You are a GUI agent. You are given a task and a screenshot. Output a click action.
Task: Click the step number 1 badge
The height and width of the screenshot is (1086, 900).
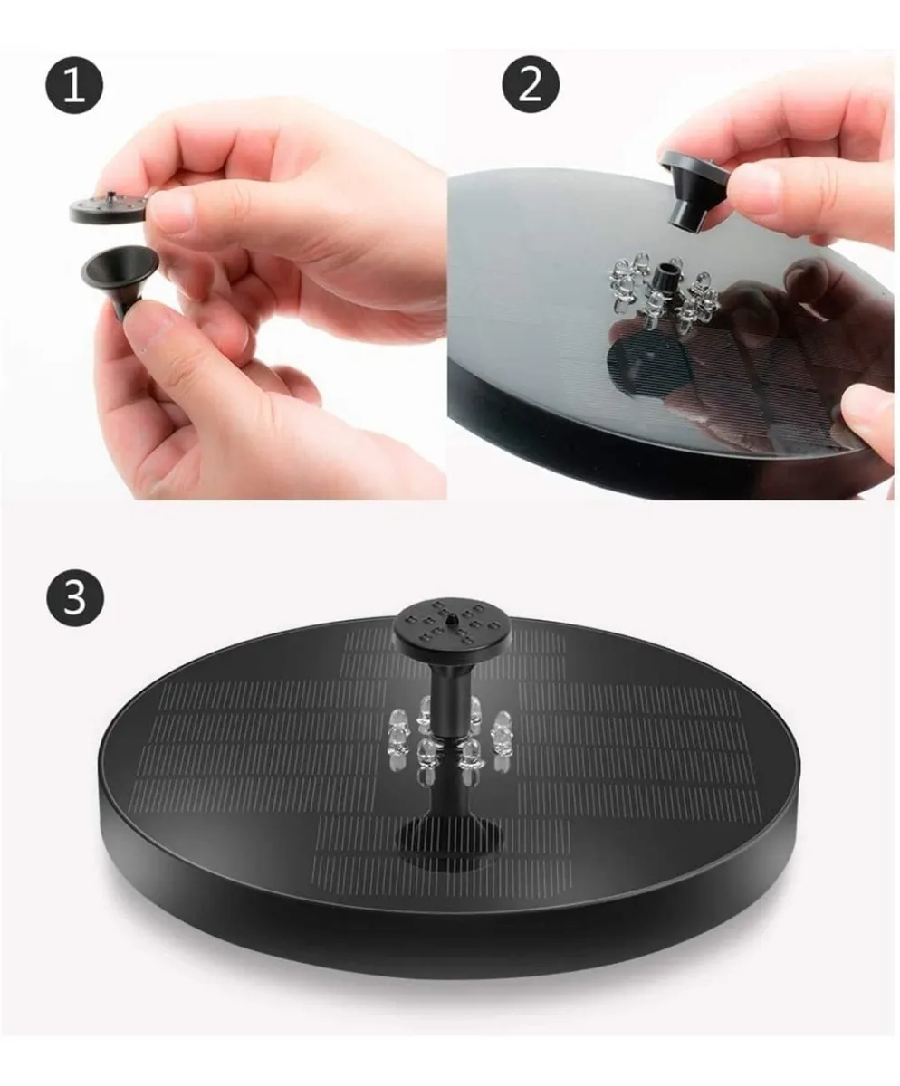74,85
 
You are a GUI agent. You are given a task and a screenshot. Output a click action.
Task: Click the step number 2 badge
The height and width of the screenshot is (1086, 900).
531,85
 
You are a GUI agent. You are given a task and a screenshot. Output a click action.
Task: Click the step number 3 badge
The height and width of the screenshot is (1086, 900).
74,597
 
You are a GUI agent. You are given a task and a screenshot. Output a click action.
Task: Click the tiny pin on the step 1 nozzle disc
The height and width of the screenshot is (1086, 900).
110,195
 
